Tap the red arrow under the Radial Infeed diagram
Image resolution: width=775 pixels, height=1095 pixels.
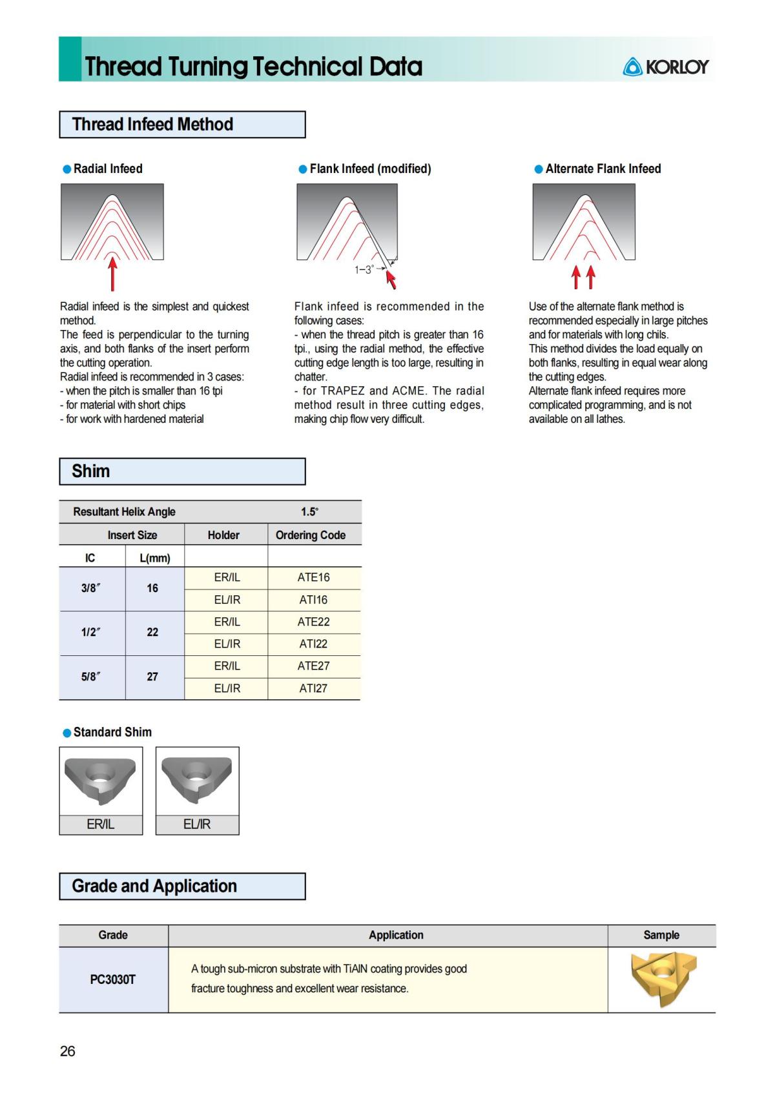click(113, 274)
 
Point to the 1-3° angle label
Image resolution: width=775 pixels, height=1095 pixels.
click(364, 270)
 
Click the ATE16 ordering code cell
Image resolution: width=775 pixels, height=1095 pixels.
click(313, 578)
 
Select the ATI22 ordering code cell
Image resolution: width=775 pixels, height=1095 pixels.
click(313, 644)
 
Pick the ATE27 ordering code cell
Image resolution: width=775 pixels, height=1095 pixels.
click(313, 666)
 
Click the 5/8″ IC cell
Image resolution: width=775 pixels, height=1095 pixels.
click(91, 677)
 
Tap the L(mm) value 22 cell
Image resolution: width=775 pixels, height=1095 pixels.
click(152, 632)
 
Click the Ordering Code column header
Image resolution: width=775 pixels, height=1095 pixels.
click(310, 535)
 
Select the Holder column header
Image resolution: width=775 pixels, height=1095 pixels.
click(223, 535)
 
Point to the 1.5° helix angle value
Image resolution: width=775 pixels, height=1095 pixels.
click(309, 511)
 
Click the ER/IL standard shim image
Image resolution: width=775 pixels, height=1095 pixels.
click(101, 781)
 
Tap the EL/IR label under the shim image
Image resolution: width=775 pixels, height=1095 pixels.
click(197, 824)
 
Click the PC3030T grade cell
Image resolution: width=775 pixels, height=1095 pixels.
click(113, 979)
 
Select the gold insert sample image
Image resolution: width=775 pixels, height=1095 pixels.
click(662, 977)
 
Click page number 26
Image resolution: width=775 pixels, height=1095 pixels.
click(68, 1051)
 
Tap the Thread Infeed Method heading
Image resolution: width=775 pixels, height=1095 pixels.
click(152, 124)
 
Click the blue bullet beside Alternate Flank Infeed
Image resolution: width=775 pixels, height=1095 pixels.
click(539, 169)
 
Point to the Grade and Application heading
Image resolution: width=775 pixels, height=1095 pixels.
click(154, 886)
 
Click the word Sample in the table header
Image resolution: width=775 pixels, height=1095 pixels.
click(661, 935)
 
